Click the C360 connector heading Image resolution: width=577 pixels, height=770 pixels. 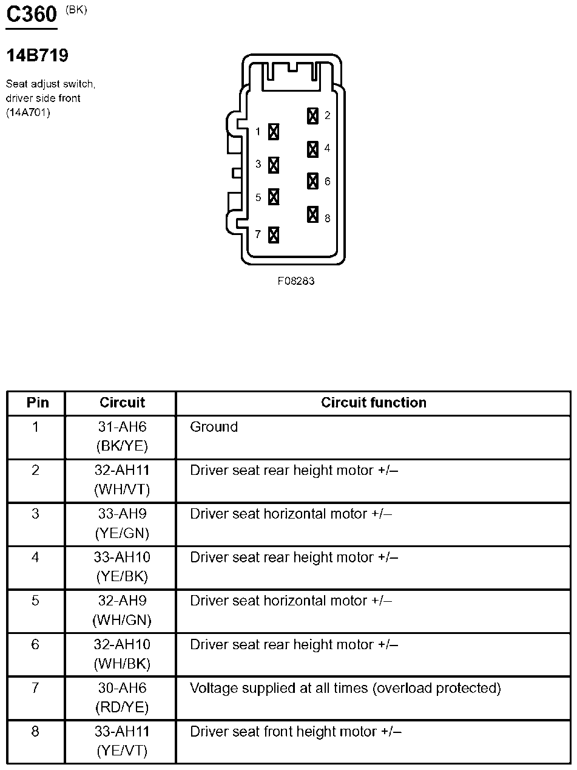(31, 15)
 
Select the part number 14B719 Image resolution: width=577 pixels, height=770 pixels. (37, 56)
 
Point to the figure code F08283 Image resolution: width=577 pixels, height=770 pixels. (296, 281)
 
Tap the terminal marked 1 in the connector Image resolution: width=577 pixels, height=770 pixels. (274, 131)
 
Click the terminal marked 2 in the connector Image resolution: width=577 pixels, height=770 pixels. (312, 115)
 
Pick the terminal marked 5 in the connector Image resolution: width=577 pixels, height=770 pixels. (274, 197)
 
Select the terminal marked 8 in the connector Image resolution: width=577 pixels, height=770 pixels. (312, 214)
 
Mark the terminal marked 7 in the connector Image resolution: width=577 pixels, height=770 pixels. (274, 234)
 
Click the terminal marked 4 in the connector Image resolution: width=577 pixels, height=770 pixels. (312, 149)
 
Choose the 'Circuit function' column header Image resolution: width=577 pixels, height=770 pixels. (373, 403)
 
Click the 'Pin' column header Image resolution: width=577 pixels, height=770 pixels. (37, 403)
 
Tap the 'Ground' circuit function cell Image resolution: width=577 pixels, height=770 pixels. (214, 427)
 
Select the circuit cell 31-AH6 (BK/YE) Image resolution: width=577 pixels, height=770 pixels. (122, 437)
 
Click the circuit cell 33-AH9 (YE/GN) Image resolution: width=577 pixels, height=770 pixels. (122, 523)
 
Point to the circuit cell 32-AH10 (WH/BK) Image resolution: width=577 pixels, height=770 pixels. (122, 654)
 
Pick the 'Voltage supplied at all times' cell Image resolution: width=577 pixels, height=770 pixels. (345, 688)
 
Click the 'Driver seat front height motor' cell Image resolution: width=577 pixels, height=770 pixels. (295, 732)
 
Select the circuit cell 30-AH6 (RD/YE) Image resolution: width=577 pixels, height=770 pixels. (122, 698)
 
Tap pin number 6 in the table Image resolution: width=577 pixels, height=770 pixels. (35, 644)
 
